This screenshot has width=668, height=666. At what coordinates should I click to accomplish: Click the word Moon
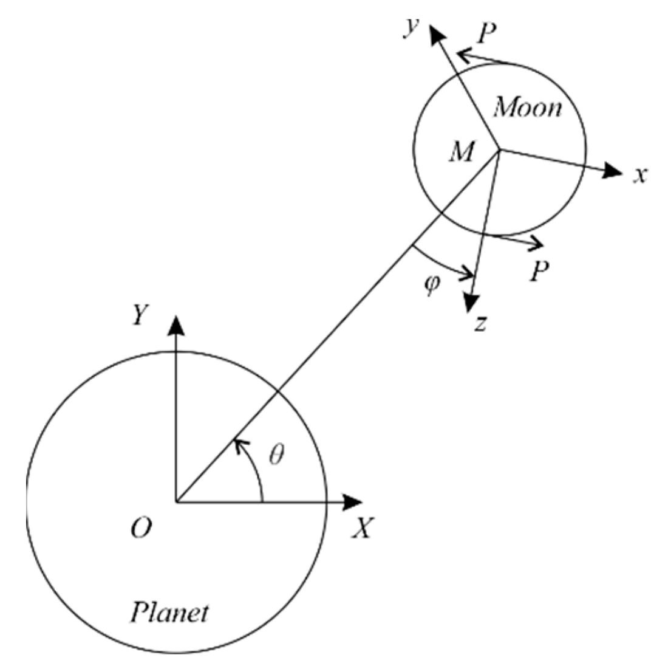coord(527,108)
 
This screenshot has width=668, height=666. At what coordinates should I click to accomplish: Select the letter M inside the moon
coord(461,152)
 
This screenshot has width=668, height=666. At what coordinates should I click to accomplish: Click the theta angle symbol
coord(277,455)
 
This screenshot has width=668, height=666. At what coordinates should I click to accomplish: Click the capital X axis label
coord(362,529)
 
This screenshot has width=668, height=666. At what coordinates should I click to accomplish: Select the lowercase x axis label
coord(638,176)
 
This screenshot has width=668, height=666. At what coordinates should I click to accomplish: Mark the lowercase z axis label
coord(480,324)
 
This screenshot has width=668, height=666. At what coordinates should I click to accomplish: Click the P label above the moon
coord(486,34)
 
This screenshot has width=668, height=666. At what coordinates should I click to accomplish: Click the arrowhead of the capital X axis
coord(353,502)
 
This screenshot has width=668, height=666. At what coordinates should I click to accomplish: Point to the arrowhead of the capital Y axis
coord(176,326)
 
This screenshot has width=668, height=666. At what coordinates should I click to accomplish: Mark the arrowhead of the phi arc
coord(468,275)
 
